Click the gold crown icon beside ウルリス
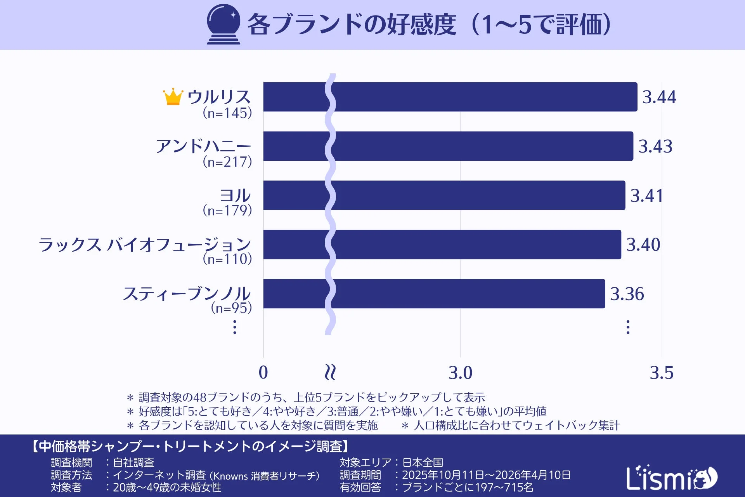(173, 97)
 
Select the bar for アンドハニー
(448, 146)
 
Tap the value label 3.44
(659, 97)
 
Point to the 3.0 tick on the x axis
(460, 373)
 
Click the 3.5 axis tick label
(661, 373)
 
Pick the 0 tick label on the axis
(263, 373)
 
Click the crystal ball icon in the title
(223, 24)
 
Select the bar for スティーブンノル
(434, 294)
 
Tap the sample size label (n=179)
(227, 210)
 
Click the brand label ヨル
(235, 195)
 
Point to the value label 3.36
(627, 294)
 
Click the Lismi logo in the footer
(671, 478)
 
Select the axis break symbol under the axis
(330, 372)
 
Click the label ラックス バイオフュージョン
(145, 245)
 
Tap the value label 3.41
(646, 196)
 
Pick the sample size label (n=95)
(231, 308)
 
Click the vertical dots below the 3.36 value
(628, 327)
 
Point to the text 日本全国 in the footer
(423, 462)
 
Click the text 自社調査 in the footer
(133, 462)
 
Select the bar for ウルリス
(450, 97)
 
